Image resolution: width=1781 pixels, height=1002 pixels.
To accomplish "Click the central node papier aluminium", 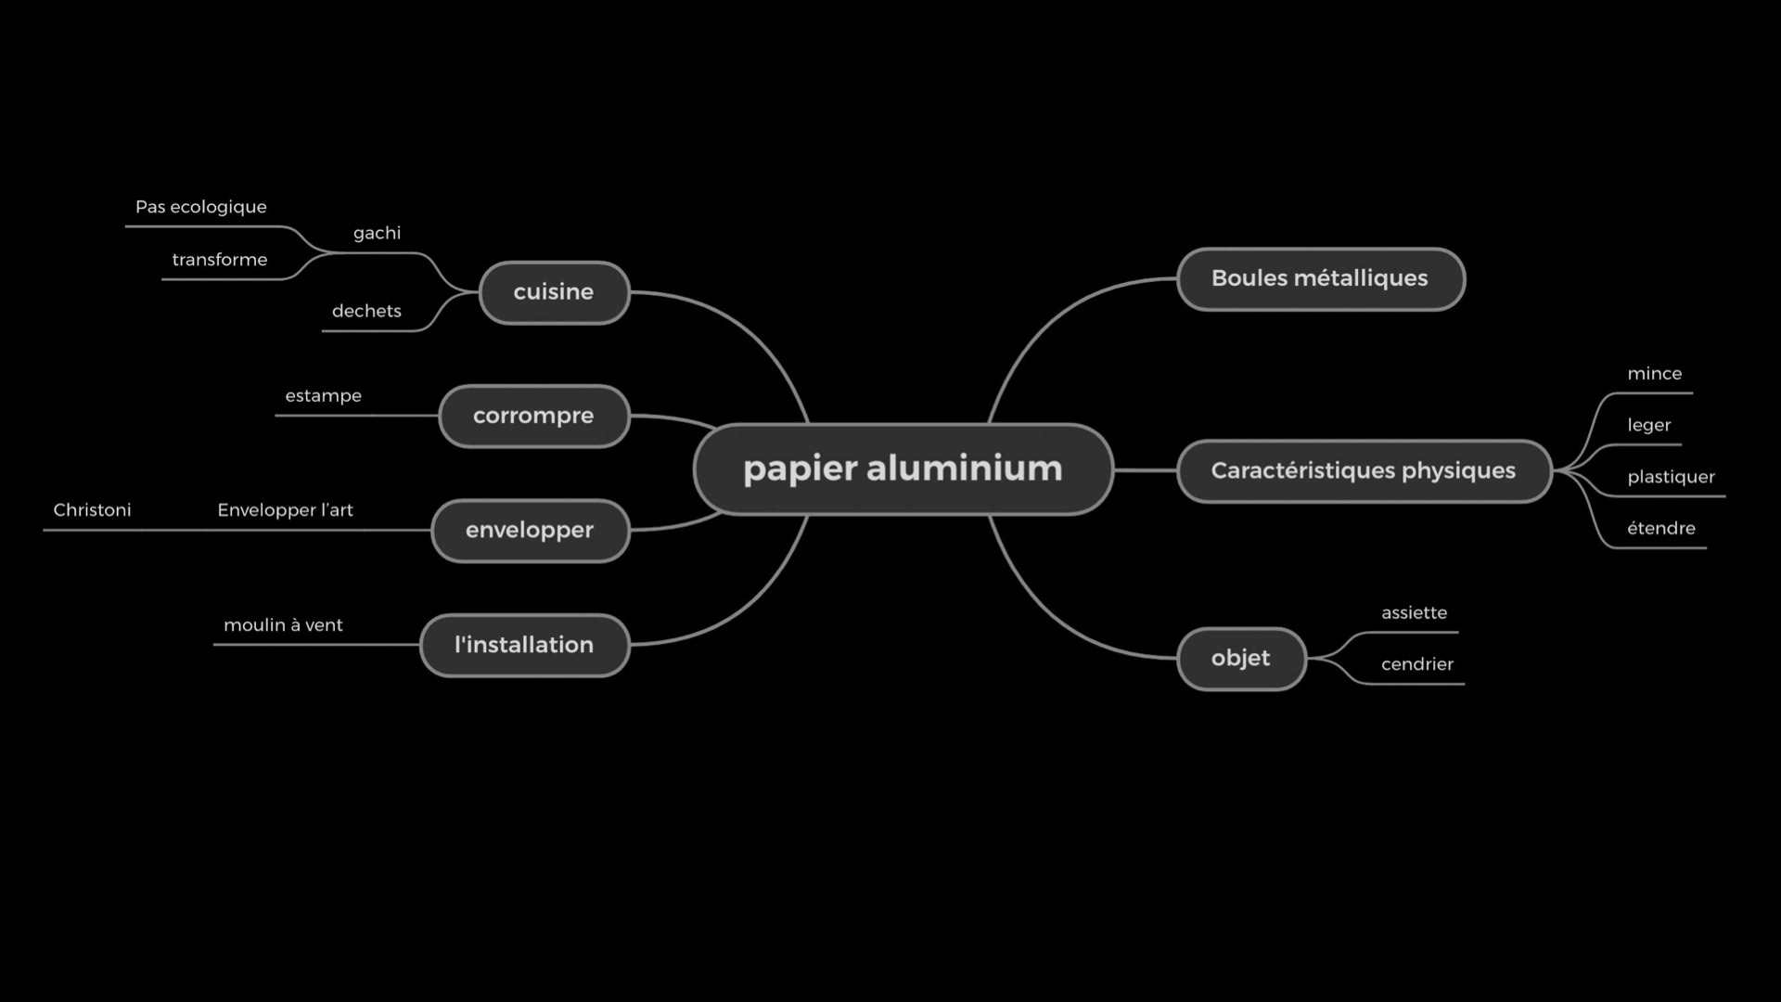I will click(x=903, y=469).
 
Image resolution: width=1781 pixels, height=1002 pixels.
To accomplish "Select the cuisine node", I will click(x=554, y=292).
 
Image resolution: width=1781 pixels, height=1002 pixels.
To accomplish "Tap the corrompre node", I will click(x=533, y=416).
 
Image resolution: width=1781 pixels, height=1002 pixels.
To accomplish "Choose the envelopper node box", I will click(x=530, y=530).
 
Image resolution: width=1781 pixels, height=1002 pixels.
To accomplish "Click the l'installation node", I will click(x=524, y=645).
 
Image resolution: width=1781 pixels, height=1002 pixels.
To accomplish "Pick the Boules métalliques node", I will click(x=1319, y=278).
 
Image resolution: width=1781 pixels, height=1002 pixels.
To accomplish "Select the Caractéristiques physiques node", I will click(x=1363, y=470).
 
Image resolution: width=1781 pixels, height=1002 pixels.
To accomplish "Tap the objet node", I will click(x=1240, y=658).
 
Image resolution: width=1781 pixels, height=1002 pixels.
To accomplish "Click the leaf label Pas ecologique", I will click(x=200, y=207).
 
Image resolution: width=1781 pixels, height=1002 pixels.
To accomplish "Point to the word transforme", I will click(x=219, y=260).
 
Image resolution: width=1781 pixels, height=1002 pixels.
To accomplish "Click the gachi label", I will click(x=377, y=233).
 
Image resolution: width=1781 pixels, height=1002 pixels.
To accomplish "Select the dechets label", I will click(x=366, y=311).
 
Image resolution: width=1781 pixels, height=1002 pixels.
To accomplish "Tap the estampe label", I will click(x=323, y=396).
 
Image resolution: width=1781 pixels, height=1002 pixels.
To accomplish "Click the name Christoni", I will click(x=92, y=510).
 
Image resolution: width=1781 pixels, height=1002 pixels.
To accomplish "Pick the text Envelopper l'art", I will click(x=285, y=510).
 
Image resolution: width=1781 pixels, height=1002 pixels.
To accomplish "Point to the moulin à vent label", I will click(x=283, y=625).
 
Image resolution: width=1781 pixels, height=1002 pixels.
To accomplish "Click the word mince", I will click(x=1654, y=374).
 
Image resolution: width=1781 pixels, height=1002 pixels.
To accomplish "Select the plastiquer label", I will click(x=1671, y=477).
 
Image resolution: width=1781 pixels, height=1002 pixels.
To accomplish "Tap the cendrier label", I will click(x=1416, y=664).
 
